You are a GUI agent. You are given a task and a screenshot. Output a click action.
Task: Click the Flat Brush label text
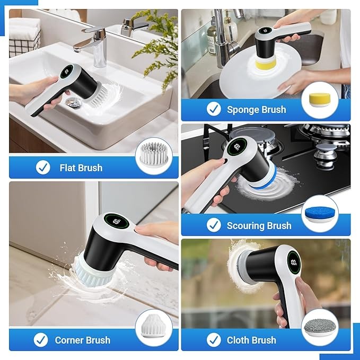pos(81,168)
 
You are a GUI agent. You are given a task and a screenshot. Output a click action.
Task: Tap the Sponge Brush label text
pos(256,110)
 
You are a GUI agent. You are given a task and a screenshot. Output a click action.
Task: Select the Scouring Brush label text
pos(259,225)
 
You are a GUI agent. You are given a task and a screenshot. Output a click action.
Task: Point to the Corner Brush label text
pos(83,340)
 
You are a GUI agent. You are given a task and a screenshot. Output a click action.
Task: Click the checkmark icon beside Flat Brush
pos(43,168)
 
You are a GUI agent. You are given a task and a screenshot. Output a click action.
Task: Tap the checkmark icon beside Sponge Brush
pos(214,109)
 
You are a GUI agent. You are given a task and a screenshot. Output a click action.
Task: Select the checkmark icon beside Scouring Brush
pos(214,225)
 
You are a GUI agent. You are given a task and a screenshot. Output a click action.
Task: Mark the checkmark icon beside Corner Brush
pos(41,340)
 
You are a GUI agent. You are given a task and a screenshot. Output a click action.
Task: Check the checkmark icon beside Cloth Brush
pos(214,340)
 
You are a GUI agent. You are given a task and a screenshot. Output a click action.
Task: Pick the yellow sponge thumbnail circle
pos(320,101)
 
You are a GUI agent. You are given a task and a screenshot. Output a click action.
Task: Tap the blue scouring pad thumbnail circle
pos(320,214)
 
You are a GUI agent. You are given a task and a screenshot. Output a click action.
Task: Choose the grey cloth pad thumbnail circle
pos(320,327)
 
